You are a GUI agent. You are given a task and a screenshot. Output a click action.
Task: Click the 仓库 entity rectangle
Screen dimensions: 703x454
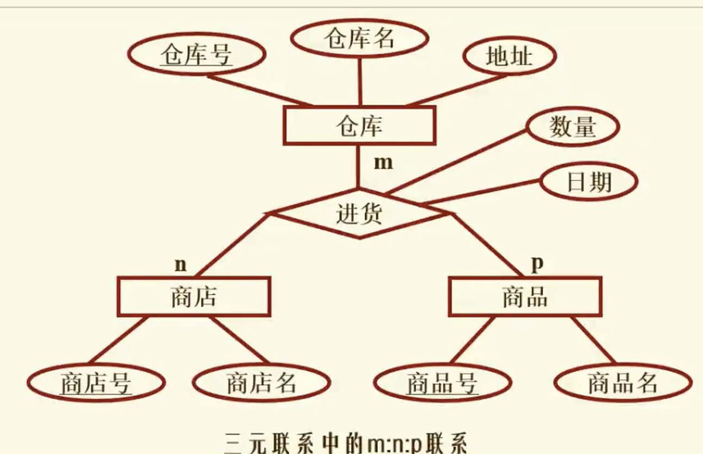359,125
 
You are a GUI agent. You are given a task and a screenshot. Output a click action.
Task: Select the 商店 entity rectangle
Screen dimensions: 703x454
194,297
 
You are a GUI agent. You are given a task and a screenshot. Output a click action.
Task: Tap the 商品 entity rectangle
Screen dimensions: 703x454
525,297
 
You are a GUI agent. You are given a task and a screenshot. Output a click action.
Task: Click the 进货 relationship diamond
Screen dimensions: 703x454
360,214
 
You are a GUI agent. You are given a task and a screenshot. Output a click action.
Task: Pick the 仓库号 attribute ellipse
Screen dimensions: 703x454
196,55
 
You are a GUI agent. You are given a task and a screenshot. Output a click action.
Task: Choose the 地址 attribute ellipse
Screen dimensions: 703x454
509,56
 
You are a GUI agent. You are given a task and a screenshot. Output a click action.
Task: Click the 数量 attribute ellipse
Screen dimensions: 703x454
572,128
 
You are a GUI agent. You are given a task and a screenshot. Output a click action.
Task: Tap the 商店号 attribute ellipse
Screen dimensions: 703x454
96,383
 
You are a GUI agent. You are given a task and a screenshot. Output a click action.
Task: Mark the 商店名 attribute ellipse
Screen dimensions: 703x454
261,383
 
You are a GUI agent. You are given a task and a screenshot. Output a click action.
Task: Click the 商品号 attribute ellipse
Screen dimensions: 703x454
442,383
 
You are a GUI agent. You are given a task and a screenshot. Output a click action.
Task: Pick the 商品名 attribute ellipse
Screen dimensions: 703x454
622,383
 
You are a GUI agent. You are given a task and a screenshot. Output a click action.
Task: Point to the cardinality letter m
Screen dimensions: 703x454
383,162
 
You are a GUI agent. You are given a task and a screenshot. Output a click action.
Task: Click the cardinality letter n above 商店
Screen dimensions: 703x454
180,265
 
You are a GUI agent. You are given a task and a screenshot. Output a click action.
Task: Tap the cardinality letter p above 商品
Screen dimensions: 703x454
537,263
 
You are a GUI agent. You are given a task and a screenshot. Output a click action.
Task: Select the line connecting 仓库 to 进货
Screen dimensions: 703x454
359,166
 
